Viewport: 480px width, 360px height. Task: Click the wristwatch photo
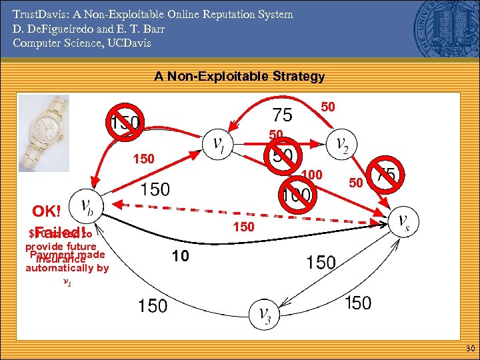(44, 129)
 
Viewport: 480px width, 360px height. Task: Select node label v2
(341, 144)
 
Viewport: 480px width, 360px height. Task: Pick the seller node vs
(403, 222)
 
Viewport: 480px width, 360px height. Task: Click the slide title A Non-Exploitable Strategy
(239, 76)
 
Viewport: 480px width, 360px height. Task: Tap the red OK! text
(47, 211)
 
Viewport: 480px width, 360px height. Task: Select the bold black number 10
(180, 255)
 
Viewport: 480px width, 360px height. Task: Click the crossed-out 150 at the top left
(125, 123)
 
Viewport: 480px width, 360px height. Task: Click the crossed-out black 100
(297, 195)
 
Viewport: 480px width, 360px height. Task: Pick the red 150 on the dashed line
(243, 227)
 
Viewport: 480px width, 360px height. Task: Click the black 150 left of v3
(153, 305)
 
